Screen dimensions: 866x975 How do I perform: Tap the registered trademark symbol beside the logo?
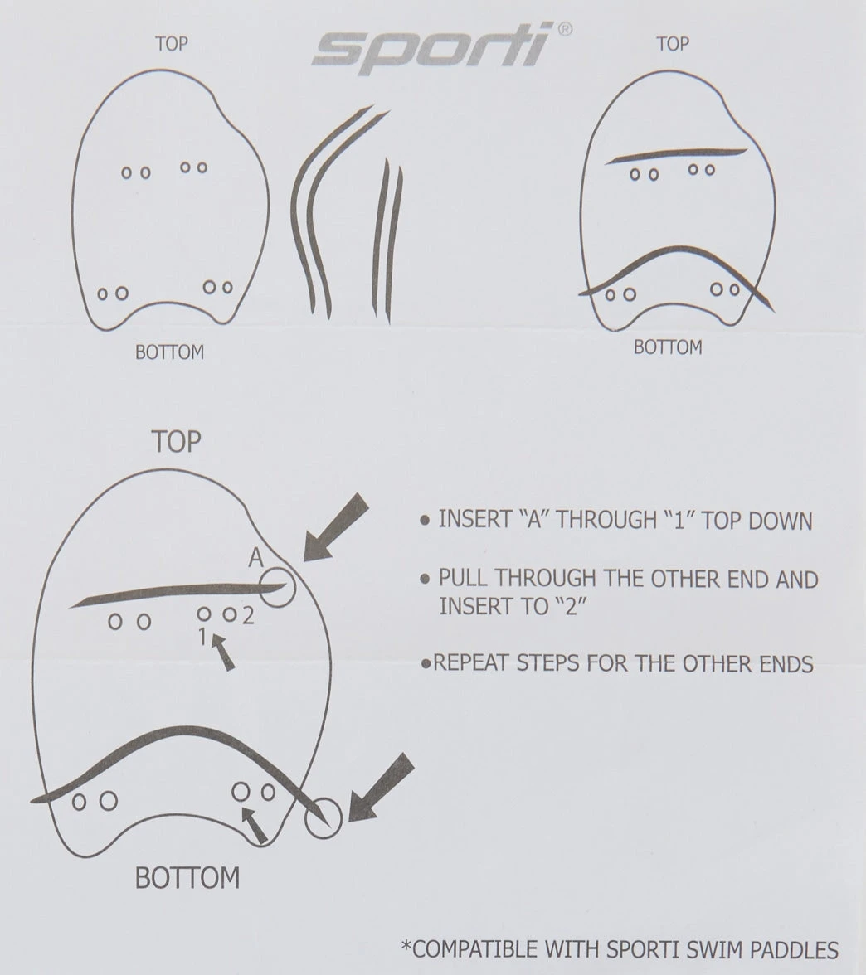[x=564, y=29]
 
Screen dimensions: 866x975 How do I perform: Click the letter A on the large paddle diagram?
[x=255, y=557]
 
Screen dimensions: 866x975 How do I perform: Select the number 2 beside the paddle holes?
[x=248, y=615]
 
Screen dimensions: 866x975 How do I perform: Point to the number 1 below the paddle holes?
[x=202, y=637]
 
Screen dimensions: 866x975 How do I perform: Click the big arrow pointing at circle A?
[x=336, y=527]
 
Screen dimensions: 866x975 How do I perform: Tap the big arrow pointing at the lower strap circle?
[x=381, y=788]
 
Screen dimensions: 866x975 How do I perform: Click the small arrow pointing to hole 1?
[x=222, y=652]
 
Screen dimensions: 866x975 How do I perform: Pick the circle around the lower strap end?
[x=323, y=817]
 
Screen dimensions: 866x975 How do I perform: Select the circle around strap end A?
[x=277, y=587]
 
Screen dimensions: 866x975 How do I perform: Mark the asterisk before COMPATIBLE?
[x=406, y=947]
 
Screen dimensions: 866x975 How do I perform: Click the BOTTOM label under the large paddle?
[x=187, y=878]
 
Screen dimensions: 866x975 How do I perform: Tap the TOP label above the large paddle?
[x=177, y=441]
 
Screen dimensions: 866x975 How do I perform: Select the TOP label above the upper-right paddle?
[x=673, y=43]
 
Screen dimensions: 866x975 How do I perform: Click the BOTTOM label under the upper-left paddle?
[x=170, y=352]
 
